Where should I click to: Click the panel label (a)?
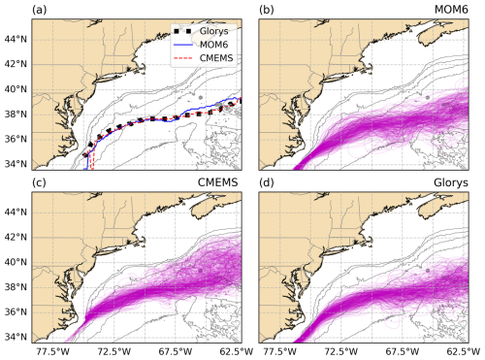click(40, 10)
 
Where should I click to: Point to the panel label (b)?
click(267, 10)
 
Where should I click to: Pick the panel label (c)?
click(40, 182)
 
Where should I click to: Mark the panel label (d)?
click(267, 182)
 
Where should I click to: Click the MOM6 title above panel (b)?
click(451, 10)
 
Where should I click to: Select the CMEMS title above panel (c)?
click(217, 182)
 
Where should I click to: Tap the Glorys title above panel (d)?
click(451, 182)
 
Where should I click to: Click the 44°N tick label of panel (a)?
click(16, 40)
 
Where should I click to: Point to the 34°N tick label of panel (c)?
click(16, 337)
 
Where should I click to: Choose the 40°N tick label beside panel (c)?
click(16, 262)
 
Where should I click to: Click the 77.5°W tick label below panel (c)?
click(52, 351)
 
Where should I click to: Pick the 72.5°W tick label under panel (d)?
click(341, 351)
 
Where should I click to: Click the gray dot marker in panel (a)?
click(201, 97)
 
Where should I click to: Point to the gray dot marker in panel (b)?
click(428, 97)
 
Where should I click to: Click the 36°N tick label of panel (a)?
click(16, 139)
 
